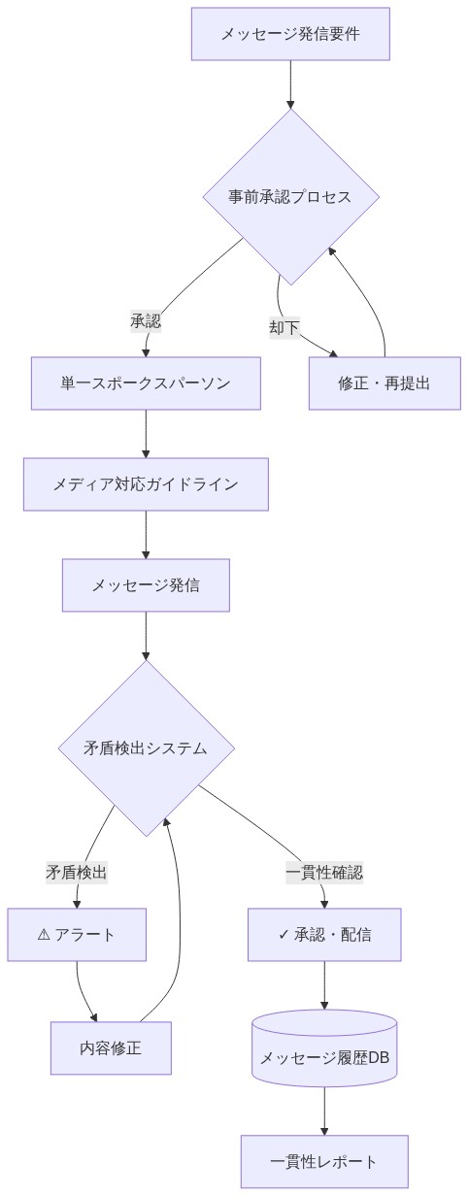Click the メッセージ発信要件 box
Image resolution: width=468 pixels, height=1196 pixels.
tap(290, 34)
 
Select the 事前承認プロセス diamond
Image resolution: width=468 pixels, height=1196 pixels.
tap(290, 196)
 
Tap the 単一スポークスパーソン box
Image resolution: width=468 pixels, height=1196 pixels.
tap(146, 382)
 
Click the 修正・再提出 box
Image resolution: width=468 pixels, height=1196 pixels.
tap(384, 382)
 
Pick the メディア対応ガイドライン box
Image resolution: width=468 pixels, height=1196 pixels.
tap(146, 483)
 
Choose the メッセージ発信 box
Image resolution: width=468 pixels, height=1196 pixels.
tap(146, 584)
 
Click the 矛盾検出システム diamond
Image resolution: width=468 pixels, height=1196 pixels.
tap(146, 747)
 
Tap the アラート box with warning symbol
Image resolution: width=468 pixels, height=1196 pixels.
tap(77, 934)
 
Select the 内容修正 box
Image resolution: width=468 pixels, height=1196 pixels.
tap(111, 1047)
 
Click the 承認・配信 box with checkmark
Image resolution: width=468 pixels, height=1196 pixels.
tap(324, 934)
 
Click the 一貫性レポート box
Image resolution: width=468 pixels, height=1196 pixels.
tap(324, 1161)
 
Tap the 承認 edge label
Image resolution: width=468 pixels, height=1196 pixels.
tap(146, 321)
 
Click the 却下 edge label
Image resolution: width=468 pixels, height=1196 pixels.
tap(284, 327)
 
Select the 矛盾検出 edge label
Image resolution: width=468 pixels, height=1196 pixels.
tap(77, 872)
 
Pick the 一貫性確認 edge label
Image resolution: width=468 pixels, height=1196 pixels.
tap(324, 872)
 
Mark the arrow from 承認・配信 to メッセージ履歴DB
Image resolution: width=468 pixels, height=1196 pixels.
tap(324, 985)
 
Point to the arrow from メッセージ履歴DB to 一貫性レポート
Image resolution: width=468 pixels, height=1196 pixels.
tap(324, 1111)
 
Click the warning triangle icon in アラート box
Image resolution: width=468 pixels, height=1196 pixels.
tap(44, 934)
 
